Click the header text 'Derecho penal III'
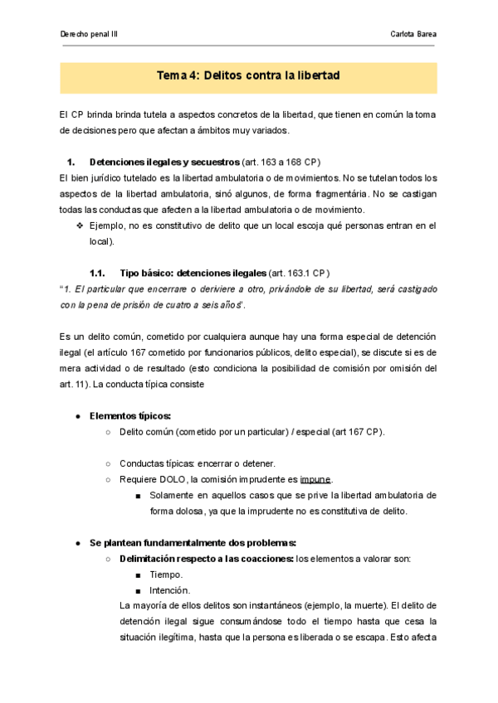point(90,34)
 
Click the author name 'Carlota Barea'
point(413,34)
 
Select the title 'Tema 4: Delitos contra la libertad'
point(248,76)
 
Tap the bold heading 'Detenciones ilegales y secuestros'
point(164,162)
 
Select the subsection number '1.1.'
point(98,273)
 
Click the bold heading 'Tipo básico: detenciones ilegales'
point(193,273)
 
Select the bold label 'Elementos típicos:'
point(130,415)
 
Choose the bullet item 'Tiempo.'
point(167,575)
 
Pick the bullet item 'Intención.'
point(170,590)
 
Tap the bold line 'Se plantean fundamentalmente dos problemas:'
point(193,542)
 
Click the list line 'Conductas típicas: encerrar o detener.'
point(198,463)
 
